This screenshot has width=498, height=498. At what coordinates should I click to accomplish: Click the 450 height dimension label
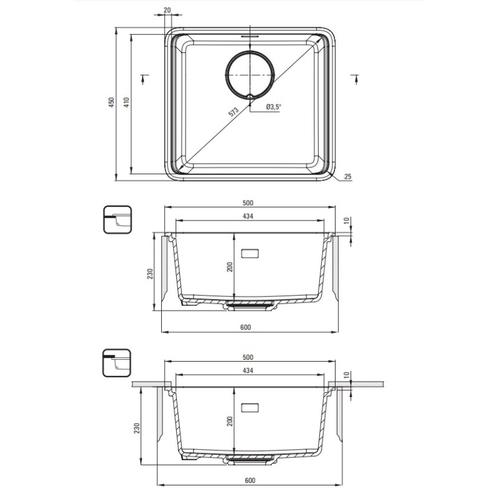coord(111,102)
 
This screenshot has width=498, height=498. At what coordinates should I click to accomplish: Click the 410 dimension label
coord(126,102)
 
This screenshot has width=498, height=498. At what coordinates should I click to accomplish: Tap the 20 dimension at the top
coord(167,10)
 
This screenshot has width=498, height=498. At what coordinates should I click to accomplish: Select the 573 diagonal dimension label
coord(233,112)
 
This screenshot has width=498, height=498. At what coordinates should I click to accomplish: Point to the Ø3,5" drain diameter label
coord(274,107)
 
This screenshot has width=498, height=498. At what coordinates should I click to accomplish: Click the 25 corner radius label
coord(348,177)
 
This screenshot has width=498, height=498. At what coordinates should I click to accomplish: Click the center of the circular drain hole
coord(250,75)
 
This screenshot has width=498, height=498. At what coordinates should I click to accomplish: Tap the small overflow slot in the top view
coord(250,37)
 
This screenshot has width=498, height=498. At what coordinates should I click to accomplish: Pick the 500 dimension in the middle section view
coord(248,203)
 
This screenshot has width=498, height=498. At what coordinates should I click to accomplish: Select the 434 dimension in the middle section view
coord(248,216)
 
